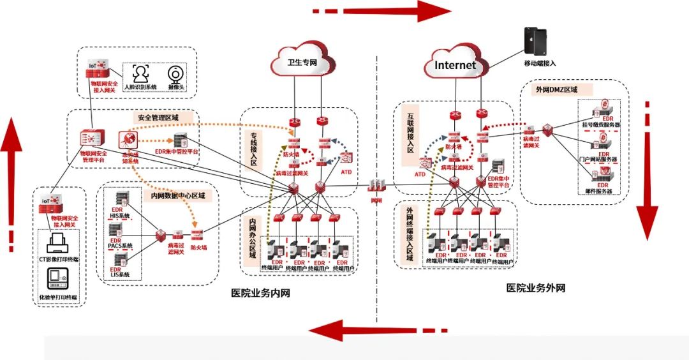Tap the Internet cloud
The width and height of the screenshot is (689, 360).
click(455, 64)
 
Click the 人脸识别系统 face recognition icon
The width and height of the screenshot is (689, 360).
click(140, 73)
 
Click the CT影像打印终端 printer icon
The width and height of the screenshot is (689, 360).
click(59, 243)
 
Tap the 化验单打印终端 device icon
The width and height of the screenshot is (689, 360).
click(59, 279)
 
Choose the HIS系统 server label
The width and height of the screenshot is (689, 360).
click(119, 216)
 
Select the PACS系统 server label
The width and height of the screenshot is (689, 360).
click(120, 246)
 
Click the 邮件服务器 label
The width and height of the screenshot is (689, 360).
click(598, 191)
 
